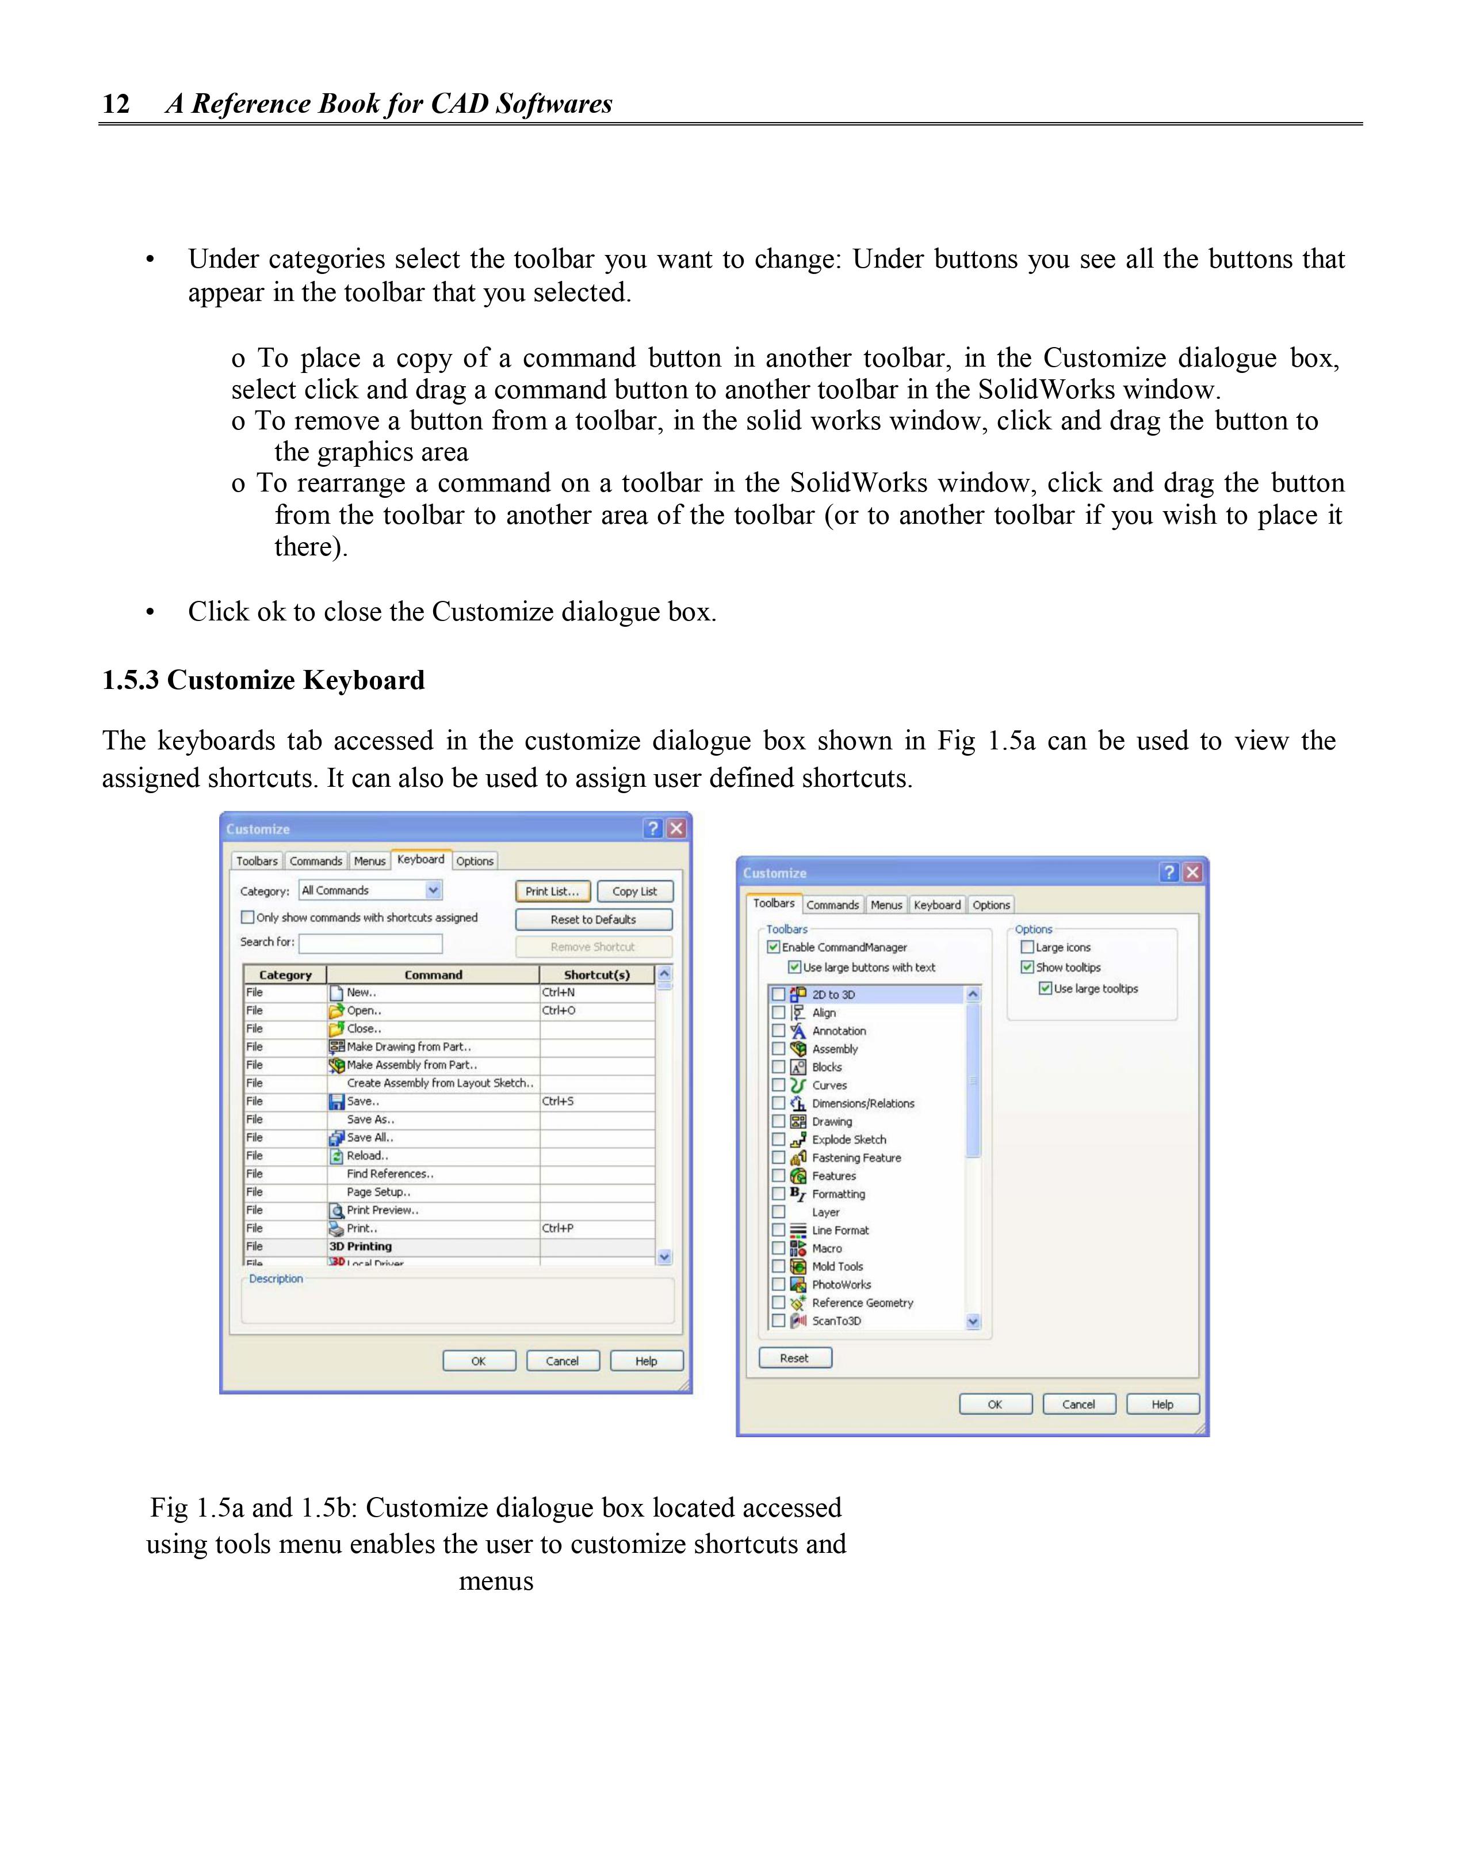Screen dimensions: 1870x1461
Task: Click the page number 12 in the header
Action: coord(116,104)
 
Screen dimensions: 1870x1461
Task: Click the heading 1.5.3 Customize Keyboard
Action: coord(263,680)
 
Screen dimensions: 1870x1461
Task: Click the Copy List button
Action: coord(634,892)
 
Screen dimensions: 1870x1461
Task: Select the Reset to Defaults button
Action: coord(593,920)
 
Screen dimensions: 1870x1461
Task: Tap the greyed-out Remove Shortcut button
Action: coord(593,947)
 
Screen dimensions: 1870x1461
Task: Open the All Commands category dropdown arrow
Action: coord(433,890)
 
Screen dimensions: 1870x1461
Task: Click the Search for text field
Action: coord(370,943)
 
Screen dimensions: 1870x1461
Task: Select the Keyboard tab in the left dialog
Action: coord(420,860)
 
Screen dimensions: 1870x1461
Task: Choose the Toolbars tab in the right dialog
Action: coord(773,903)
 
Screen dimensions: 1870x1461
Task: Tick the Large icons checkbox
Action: coord(1027,947)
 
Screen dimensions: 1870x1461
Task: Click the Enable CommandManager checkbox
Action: coord(774,947)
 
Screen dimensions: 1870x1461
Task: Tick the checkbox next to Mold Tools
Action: coord(778,1266)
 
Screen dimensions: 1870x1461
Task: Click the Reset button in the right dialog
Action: coord(794,1358)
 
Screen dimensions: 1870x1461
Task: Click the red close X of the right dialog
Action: coord(1192,873)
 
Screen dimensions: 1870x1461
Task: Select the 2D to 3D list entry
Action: coord(833,995)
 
